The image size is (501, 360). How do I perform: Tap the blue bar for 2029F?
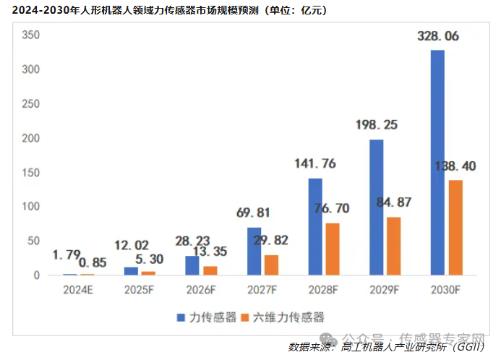coord(376,207)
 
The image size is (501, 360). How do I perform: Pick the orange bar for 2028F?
coord(333,249)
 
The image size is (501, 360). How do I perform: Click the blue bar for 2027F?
coord(254,252)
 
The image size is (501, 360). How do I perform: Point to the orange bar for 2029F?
coord(394,247)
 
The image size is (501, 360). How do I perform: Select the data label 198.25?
coord(377,125)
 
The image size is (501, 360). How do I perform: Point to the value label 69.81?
coord(254,213)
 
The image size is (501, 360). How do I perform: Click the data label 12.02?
coord(132,245)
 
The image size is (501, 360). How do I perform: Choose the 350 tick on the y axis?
coord(30,35)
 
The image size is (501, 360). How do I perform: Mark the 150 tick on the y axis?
coord(30,172)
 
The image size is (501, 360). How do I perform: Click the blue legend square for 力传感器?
coord(180,317)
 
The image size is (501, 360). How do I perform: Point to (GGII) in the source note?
coord(465,347)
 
